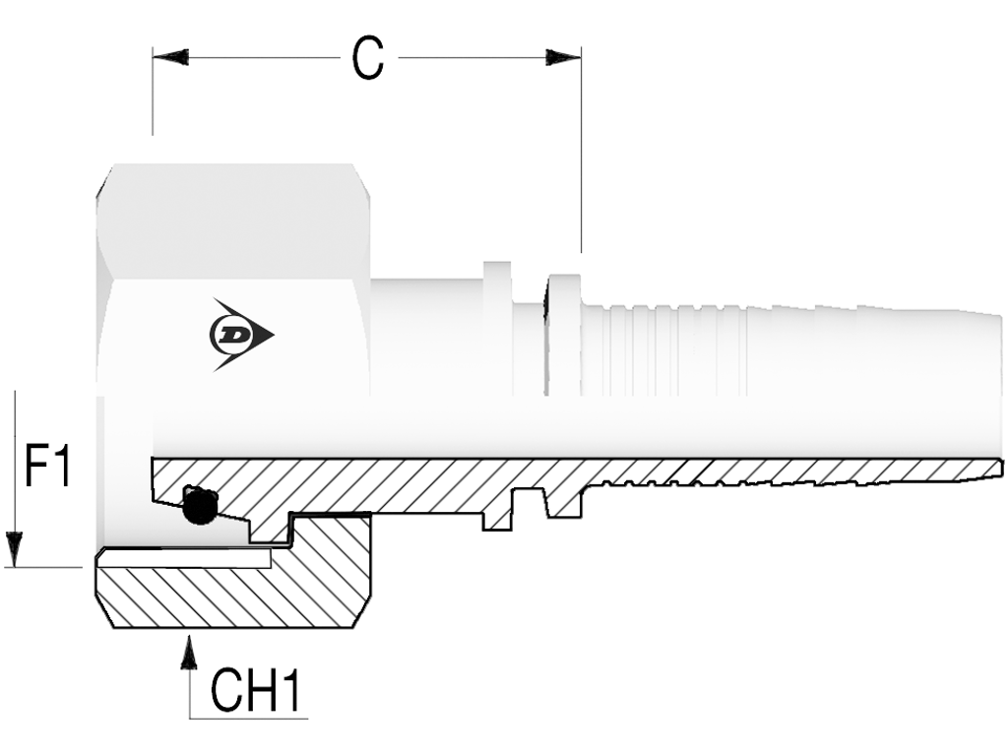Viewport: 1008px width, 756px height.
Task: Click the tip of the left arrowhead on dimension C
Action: pos(153,57)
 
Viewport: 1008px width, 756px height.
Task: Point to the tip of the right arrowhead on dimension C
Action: pos(581,57)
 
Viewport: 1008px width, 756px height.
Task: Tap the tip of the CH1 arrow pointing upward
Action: pos(188,636)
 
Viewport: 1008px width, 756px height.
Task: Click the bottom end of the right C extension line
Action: pos(581,253)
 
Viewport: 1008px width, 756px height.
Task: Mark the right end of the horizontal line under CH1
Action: pos(308,718)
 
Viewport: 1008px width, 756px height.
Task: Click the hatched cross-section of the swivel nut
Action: pos(234,582)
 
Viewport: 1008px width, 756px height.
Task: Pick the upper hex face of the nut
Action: pos(232,221)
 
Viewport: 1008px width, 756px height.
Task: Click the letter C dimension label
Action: pos(368,58)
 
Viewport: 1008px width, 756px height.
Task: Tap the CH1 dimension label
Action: pos(256,690)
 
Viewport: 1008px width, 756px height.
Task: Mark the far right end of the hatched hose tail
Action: pos(1001,468)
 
